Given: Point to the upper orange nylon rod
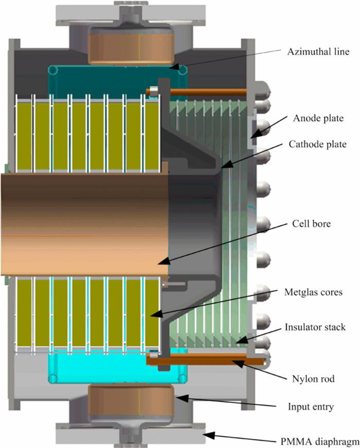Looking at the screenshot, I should click(206, 93).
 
